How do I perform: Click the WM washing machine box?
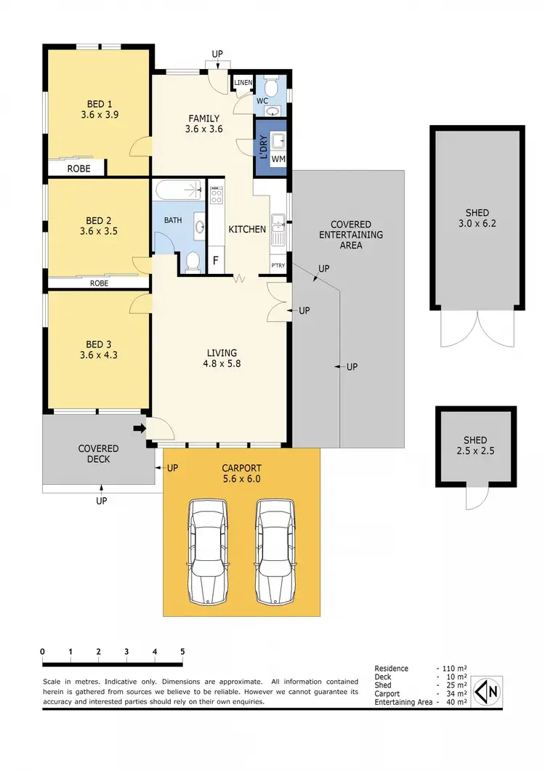click(278, 158)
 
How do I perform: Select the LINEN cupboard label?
click(243, 83)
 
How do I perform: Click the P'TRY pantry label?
click(278, 265)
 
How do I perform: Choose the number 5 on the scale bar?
click(182, 651)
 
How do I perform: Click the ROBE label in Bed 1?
click(78, 168)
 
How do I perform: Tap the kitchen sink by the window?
click(278, 230)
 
